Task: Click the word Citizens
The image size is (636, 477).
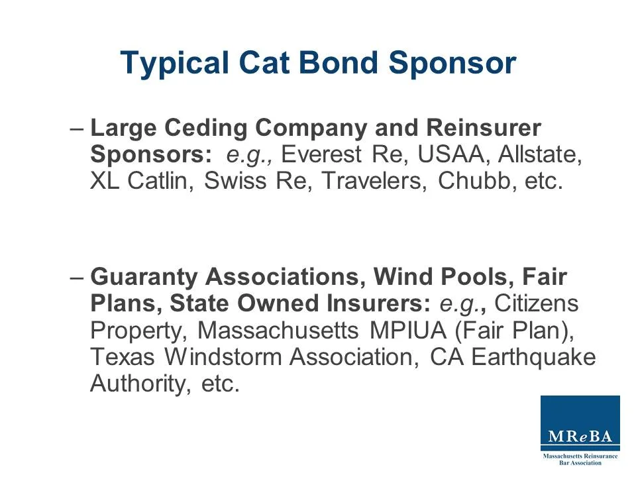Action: click(537, 303)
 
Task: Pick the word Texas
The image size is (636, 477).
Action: click(122, 357)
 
